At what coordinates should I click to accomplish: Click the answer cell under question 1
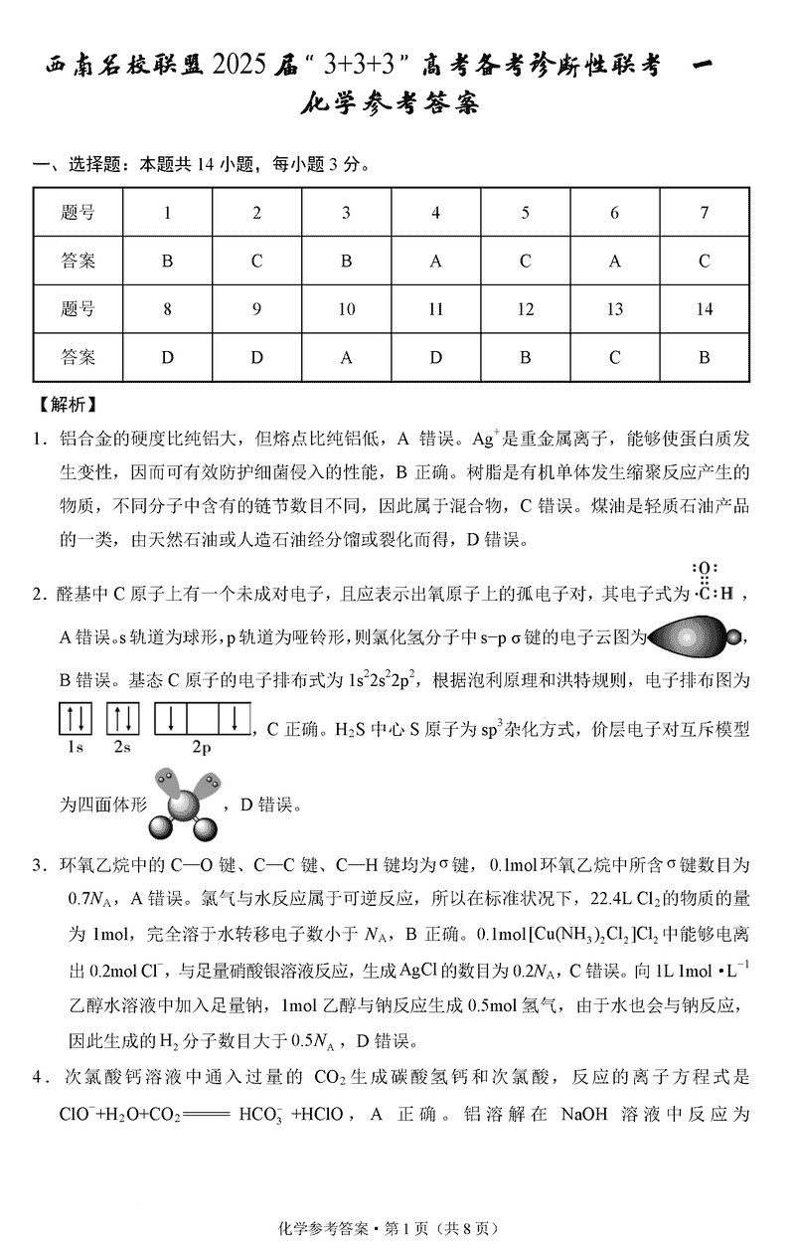(167, 262)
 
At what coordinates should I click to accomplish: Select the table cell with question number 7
(704, 212)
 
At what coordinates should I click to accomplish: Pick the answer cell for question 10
(346, 357)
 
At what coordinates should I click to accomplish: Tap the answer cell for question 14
(704, 357)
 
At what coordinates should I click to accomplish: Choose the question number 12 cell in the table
(525, 309)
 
